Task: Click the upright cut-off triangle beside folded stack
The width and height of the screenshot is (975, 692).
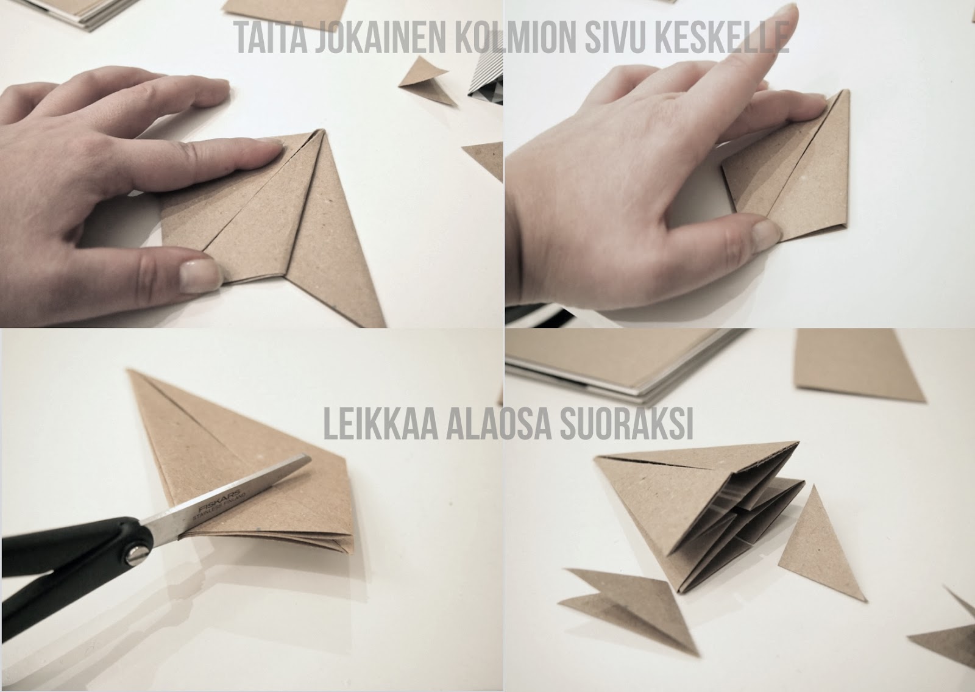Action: pyautogui.click(x=803, y=537)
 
